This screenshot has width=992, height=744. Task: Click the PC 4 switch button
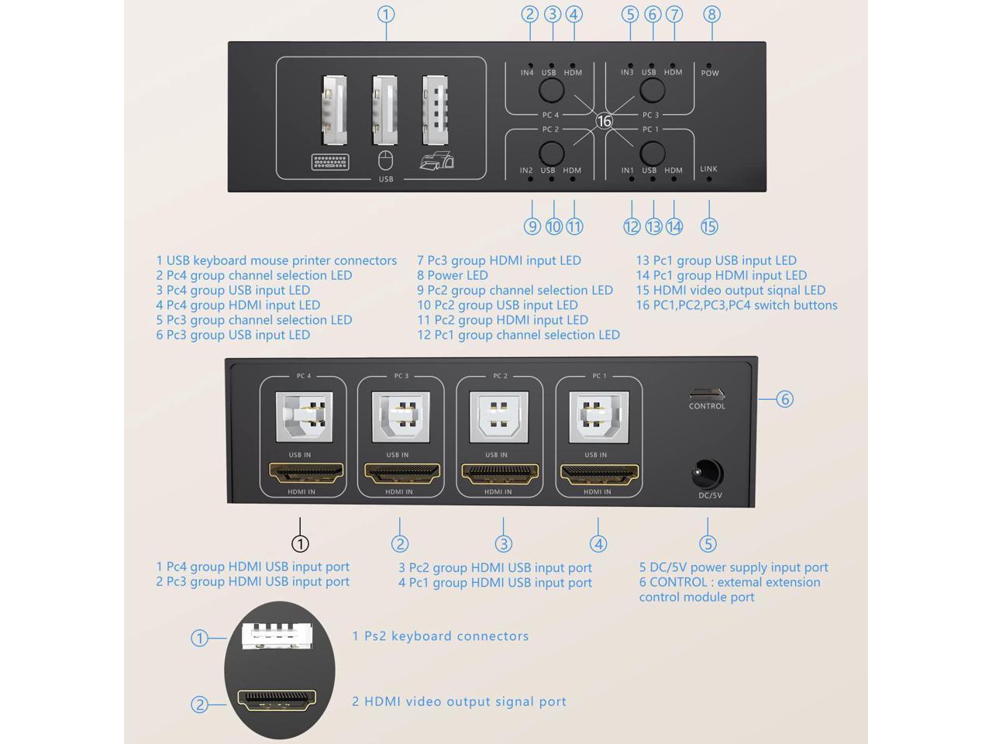tap(551, 89)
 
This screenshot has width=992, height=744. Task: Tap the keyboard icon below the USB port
tap(330, 162)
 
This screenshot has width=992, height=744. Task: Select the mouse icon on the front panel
tap(385, 161)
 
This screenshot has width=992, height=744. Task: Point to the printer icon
tap(436, 160)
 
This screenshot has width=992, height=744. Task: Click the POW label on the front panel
tap(710, 73)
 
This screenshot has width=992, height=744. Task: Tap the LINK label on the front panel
tap(708, 169)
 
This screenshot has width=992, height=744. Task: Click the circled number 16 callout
tap(604, 121)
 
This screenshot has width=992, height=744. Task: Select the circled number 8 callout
tap(711, 15)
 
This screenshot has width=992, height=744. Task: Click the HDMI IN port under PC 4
tap(306, 474)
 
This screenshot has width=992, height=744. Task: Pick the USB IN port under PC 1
tap(599, 417)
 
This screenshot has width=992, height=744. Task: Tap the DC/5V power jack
tap(708, 474)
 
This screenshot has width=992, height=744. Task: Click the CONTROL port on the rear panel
tap(707, 394)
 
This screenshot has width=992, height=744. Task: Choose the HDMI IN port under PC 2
tap(500, 474)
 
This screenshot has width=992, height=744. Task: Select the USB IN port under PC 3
tap(401, 417)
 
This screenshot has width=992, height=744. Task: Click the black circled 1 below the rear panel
tap(300, 543)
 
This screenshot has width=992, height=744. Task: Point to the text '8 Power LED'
tap(453, 275)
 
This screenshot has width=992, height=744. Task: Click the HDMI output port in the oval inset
tap(277, 701)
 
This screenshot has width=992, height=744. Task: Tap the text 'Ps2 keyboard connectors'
tap(446, 636)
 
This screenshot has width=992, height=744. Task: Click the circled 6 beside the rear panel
tap(784, 399)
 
